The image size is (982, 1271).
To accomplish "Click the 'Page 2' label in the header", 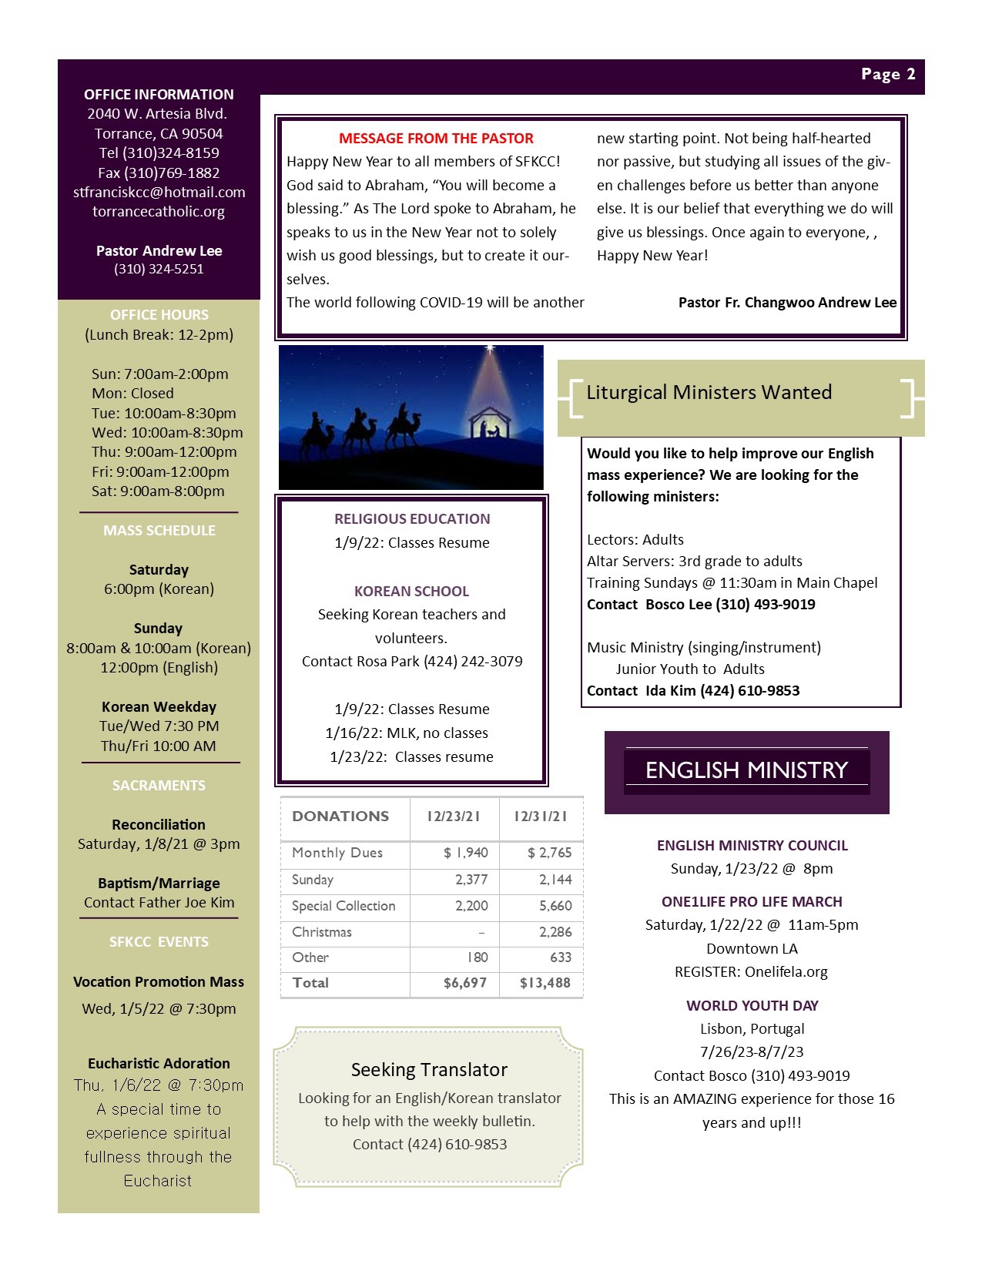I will [x=888, y=75].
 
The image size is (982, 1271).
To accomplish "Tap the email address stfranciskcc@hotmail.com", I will [x=159, y=192].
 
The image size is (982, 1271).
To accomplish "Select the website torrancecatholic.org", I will [x=159, y=211].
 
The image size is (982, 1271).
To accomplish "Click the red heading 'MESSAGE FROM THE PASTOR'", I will [x=436, y=139].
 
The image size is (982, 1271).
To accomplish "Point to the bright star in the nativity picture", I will [x=489, y=350].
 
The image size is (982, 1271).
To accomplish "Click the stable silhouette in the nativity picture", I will [x=490, y=425].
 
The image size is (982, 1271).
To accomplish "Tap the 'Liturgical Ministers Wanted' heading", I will [x=709, y=393].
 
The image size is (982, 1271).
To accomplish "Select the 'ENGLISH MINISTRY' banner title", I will [x=746, y=770].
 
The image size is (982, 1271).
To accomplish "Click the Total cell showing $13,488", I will [x=545, y=983].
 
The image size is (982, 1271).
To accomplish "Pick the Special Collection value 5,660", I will [x=555, y=906].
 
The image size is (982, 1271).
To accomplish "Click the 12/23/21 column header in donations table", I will [x=454, y=817].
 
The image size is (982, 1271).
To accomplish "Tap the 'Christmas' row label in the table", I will [x=322, y=932].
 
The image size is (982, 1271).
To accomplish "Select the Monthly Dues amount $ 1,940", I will [x=465, y=853].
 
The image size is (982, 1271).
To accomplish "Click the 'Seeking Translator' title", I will [x=429, y=1070].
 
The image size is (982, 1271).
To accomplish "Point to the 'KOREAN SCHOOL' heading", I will [x=411, y=592].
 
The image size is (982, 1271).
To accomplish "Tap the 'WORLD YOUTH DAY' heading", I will [x=752, y=1006].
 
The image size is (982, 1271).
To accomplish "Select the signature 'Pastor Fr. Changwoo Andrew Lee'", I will [x=787, y=303].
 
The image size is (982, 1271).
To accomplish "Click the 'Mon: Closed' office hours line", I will [x=132, y=394].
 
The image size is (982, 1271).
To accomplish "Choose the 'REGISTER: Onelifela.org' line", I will [x=751, y=972].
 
